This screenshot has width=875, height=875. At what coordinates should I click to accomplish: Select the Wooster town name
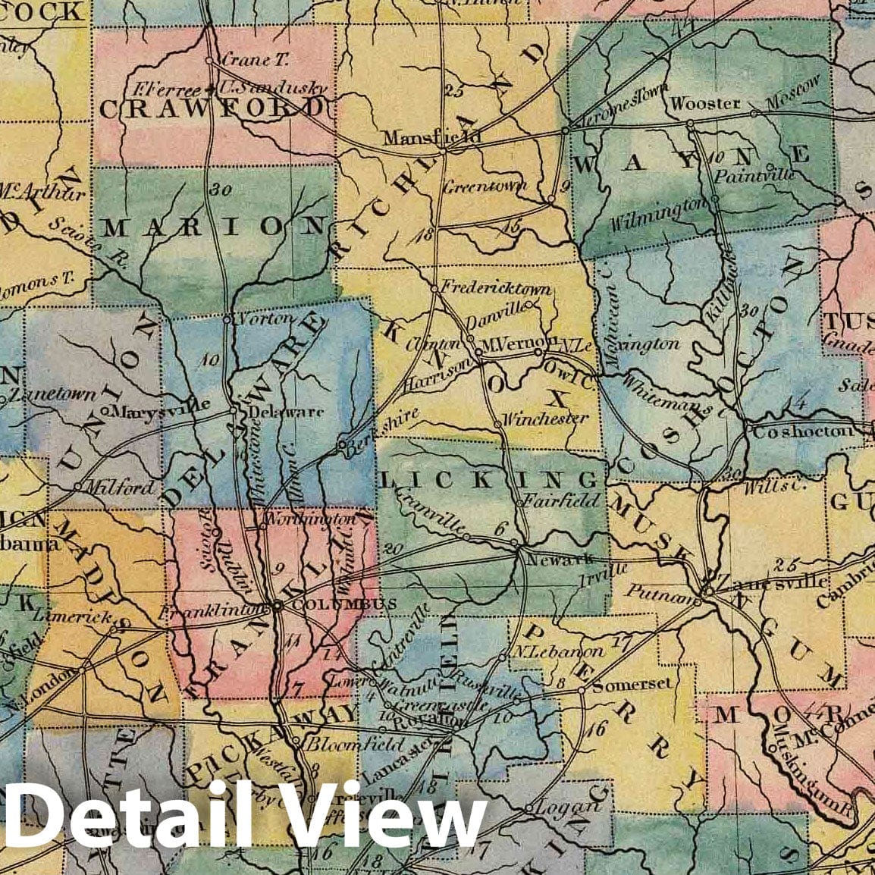pyautogui.click(x=705, y=103)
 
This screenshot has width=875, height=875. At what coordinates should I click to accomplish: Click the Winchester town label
pyautogui.click(x=545, y=419)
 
